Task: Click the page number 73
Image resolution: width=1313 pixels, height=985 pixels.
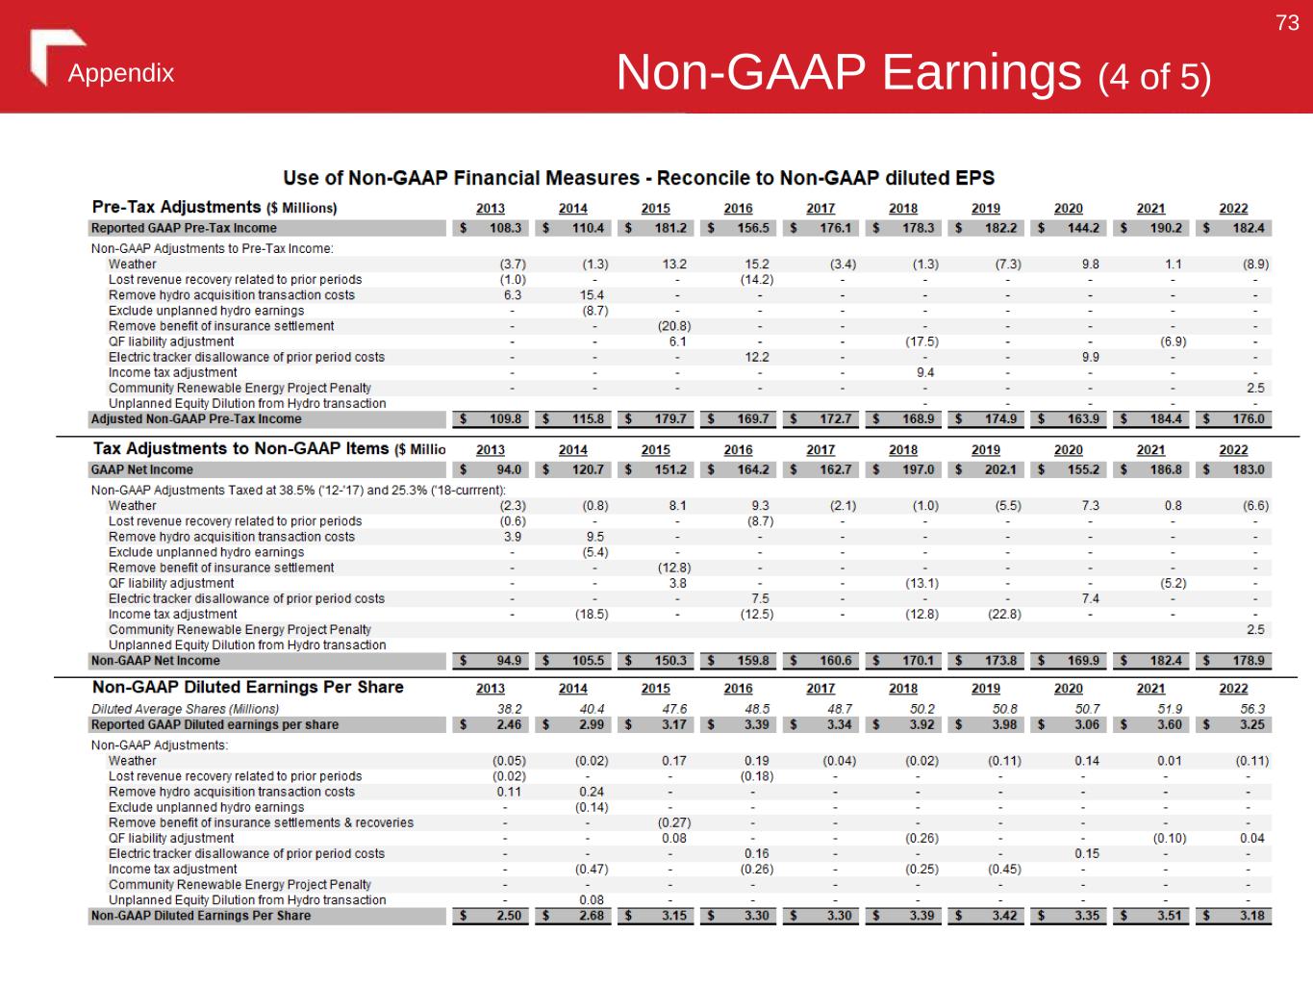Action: pos(1287,23)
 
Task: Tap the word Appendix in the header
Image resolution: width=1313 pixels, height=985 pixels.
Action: pos(121,74)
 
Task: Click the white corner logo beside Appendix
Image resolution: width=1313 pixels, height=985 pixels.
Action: pos(53,55)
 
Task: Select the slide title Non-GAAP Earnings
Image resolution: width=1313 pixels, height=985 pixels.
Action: pos(848,72)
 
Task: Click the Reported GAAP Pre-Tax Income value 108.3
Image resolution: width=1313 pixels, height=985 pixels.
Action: pos(506,228)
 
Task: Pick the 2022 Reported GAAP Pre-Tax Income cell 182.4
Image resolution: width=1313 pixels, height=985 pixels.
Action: pos(1249,228)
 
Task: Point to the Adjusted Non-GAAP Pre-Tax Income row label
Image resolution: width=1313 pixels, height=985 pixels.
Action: pos(196,419)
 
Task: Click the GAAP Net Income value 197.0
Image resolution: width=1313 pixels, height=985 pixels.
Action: pos(918,469)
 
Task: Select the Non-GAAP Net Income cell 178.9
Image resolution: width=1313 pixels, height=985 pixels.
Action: pos(1249,661)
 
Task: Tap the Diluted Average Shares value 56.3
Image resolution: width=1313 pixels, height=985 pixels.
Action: pos(1252,709)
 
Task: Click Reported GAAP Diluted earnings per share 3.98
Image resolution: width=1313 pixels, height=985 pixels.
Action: pos(1001,724)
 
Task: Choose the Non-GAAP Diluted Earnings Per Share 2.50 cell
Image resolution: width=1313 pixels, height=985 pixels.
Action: pos(508,916)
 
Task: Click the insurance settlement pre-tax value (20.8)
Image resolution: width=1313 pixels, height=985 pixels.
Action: pos(673,326)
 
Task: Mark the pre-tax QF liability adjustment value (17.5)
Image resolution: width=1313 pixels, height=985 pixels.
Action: pos(922,341)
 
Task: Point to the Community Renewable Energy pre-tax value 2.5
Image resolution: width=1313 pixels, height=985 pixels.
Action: pos(1255,388)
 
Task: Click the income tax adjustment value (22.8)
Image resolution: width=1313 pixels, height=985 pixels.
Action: pos(1003,614)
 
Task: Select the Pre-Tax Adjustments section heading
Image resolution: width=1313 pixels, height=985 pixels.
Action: pos(214,208)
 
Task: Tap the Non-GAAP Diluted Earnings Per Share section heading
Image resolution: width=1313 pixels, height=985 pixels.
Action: pos(248,688)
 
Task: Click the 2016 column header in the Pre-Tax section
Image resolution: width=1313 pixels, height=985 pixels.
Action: pos(738,209)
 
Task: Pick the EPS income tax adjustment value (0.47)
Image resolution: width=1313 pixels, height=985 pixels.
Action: pos(591,869)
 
